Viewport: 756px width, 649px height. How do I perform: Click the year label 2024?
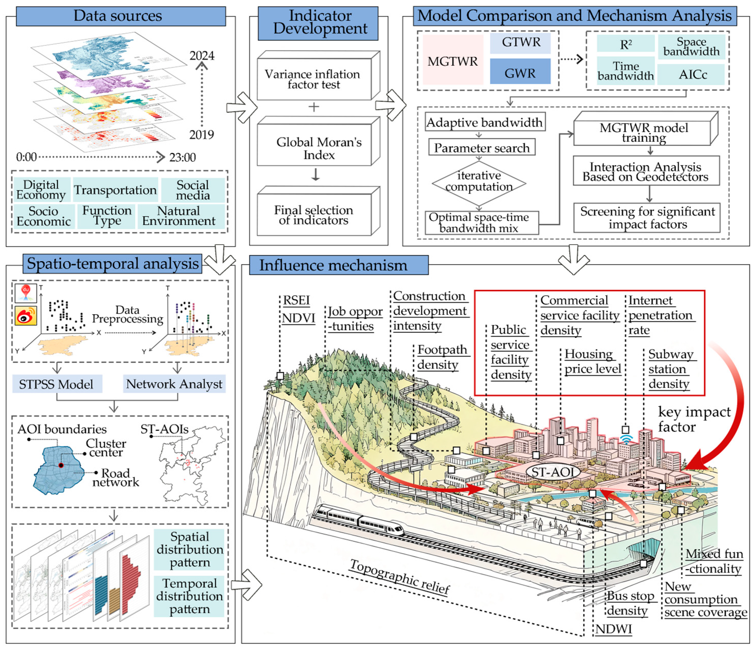201,56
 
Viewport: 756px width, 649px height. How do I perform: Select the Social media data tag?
193,190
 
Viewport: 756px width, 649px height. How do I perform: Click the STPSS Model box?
57,384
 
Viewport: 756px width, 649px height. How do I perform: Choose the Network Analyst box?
174,384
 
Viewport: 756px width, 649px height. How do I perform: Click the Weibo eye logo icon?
26,315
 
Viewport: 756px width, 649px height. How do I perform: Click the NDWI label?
613,629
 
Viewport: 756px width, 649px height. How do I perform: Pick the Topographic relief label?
400,577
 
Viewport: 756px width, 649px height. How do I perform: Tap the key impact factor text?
693,419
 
